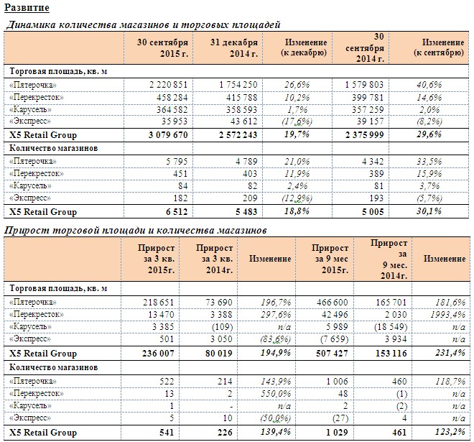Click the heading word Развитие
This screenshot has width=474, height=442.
click(27, 8)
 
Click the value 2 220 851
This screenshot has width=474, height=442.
click(168, 85)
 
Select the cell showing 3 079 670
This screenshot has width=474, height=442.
click(168, 135)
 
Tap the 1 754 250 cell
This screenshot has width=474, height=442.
click(238, 85)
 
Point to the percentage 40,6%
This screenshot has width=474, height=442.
click(429, 85)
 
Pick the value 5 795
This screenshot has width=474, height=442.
click(177, 161)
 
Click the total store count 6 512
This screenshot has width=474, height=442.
click(177, 211)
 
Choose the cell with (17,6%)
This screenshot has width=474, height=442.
click(297, 121)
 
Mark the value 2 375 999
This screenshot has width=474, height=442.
click(364, 135)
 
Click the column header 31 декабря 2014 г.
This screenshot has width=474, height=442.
click(234, 48)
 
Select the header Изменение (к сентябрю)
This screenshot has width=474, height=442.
click(439, 47)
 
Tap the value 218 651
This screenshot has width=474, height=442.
click(159, 303)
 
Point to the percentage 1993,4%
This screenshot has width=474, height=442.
click(448, 315)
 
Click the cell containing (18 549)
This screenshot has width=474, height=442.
click(391, 327)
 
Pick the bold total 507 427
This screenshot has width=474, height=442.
click(332, 354)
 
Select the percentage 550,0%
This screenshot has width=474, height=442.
click(275, 394)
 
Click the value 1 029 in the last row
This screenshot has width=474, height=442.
click(337, 433)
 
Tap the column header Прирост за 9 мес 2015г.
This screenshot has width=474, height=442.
click(331, 259)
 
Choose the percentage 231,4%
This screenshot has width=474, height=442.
click(450, 353)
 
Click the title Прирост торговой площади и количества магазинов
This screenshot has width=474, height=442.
click(136, 231)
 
